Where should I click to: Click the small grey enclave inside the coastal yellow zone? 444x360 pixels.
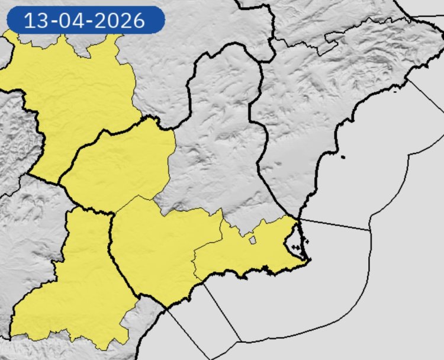(252, 240)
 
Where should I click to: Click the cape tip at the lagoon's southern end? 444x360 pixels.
(306, 259)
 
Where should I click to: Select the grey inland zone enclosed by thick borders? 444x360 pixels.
(219, 136)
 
